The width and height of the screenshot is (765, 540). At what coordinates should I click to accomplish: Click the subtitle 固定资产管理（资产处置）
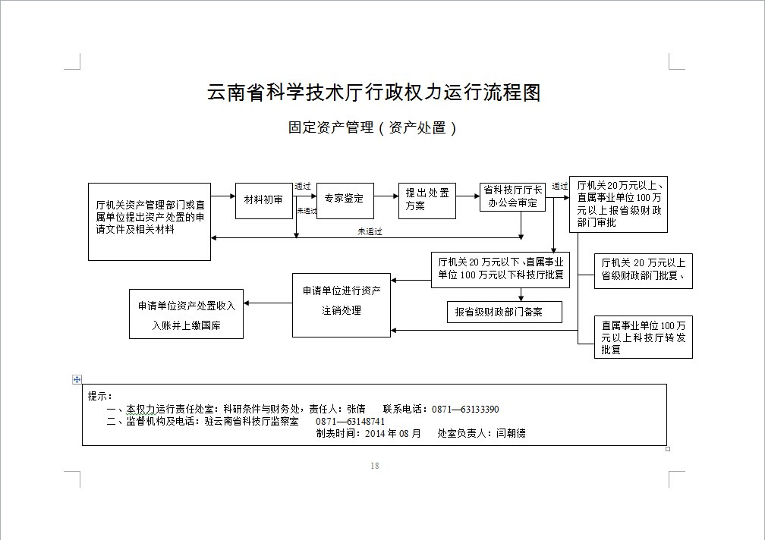pyautogui.click(x=373, y=128)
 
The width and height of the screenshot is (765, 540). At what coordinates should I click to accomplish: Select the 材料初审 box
pyautogui.click(x=263, y=200)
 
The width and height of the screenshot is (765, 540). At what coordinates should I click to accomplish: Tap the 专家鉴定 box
pyautogui.click(x=345, y=199)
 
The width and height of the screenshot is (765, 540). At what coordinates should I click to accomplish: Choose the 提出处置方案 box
pyautogui.click(x=427, y=200)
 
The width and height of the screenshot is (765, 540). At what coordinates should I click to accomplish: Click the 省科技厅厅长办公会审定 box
pyautogui.click(x=512, y=196)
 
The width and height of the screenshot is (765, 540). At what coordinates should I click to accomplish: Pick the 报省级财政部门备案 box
pyautogui.click(x=504, y=312)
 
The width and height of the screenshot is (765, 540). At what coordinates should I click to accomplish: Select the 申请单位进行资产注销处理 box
pyautogui.click(x=342, y=304)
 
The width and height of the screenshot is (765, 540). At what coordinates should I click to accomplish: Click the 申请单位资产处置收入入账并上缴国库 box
pyautogui.click(x=187, y=314)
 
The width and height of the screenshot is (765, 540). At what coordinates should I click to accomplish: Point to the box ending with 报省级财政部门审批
pyautogui.click(x=618, y=203)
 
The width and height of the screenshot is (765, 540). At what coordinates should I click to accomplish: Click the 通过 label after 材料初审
pyautogui.click(x=303, y=187)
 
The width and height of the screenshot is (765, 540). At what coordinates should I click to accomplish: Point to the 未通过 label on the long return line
pyautogui.click(x=370, y=231)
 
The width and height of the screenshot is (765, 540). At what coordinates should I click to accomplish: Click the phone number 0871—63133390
pyautogui.click(x=464, y=410)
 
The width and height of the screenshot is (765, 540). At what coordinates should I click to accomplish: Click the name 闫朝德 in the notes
pyautogui.click(x=511, y=434)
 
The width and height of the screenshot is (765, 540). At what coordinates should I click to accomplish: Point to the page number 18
pyautogui.click(x=374, y=466)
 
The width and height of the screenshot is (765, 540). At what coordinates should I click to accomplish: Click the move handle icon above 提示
pyautogui.click(x=77, y=379)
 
